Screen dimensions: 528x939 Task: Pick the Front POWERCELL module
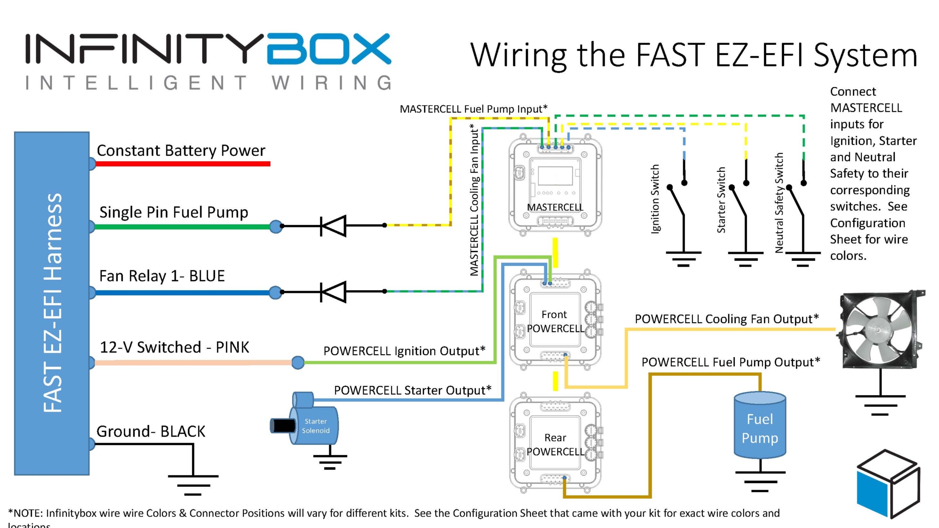pyautogui.click(x=555, y=321)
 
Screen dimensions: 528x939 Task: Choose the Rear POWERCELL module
pyautogui.click(x=555, y=444)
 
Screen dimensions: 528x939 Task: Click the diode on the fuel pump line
pyautogui.click(x=333, y=225)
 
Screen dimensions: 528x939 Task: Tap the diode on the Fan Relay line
pyautogui.click(x=333, y=291)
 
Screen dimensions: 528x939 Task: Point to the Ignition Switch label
pyautogui.click(x=655, y=199)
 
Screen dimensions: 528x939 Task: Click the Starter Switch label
pyautogui.click(x=721, y=200)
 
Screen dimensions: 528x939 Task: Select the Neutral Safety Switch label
pyautogui.click(x=779, y=203)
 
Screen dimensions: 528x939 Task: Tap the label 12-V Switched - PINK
pyautogui.click(x=174, y=347)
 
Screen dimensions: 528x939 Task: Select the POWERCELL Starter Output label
pyautogui.click(x=412, y=390)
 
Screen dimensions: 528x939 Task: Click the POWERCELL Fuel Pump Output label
pyautogui.click(x=730, y=363)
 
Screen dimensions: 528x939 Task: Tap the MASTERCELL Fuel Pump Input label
pyautogui.click(x=474, y=109)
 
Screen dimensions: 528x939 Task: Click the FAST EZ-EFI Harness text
pyautogui.click(x=52, y=302)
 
